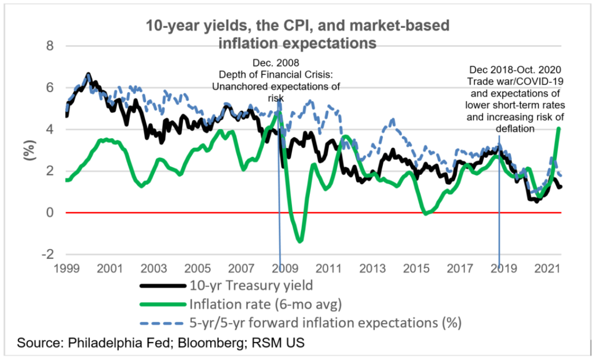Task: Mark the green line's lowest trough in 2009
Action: click(299, 240)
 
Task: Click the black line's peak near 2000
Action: click(88, 75)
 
